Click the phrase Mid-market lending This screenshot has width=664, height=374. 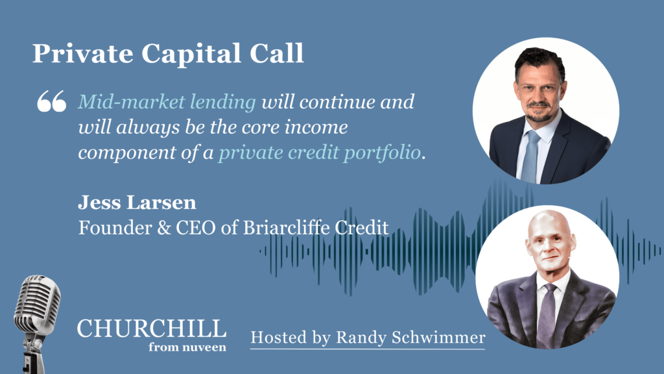click(x=167, y=102)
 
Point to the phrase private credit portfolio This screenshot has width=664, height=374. click(x=319, y=153)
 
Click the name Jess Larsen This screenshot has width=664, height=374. click(x=137, y=203)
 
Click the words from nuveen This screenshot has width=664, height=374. click(x=187, y=347)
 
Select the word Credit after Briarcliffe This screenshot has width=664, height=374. click(x=361, y=228)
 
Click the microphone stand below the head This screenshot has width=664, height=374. click(x=33, y=354)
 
